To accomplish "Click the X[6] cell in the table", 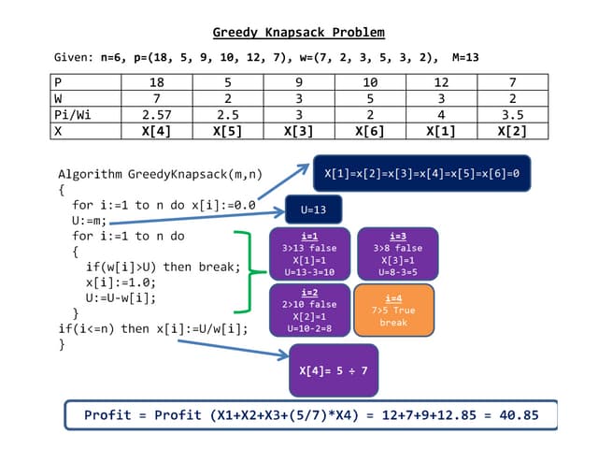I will [363, 130].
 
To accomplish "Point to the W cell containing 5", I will [363, 98].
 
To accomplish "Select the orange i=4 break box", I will [393, 310].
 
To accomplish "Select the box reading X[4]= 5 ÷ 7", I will [334, 370].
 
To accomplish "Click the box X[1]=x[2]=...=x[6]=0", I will [421, 174].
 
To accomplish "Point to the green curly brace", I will [245, 271].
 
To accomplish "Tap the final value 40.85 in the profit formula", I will [522, 415].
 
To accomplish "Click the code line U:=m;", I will [90, 220].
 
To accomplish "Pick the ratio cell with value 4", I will [434, 114].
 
